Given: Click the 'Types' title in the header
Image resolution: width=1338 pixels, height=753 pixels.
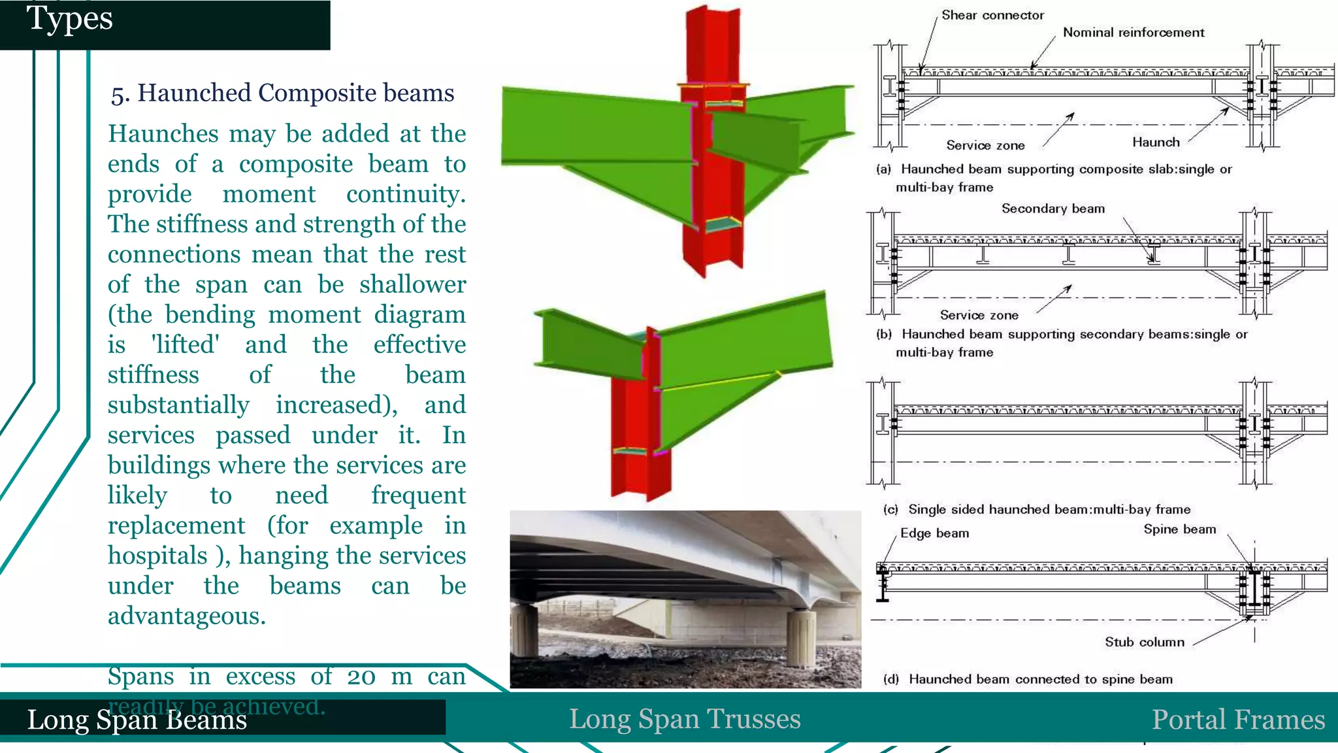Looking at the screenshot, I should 70,19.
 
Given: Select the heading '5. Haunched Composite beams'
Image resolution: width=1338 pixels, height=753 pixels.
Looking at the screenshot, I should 282,93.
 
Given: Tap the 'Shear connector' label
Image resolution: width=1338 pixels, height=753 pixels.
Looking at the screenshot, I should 992,15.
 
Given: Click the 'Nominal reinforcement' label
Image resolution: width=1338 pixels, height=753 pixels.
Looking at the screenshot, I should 1133,33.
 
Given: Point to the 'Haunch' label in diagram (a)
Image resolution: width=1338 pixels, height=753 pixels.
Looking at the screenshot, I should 1155,142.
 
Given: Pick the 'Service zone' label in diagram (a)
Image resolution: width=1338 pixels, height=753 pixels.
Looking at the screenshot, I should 985,146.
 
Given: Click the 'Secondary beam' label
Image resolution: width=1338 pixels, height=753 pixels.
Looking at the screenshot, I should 1052,209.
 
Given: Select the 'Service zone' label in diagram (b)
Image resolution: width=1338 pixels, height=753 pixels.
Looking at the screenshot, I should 979,316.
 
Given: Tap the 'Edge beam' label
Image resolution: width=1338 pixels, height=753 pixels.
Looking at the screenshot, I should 934,533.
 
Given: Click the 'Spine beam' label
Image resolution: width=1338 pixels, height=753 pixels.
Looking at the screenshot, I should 1179,529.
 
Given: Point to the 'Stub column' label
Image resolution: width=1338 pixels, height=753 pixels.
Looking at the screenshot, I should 1144,643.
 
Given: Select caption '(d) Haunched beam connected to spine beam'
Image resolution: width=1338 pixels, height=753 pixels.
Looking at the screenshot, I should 1028,679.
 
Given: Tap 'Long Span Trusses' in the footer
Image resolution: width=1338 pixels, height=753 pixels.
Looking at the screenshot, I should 684,719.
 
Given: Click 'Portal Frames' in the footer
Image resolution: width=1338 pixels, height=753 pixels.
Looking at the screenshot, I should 1237,720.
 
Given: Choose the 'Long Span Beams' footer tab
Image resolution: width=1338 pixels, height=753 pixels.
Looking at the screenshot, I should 137,720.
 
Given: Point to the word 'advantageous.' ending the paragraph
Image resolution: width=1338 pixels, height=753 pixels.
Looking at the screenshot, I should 187,616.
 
